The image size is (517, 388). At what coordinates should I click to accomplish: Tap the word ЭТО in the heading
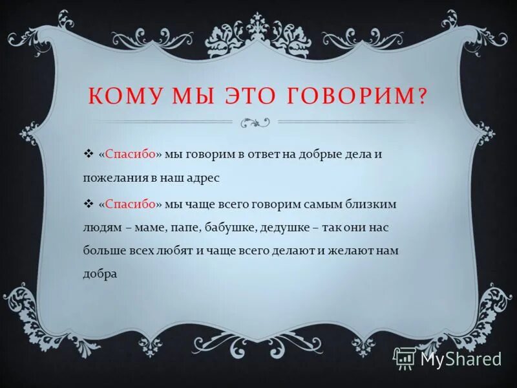pyautogui.click(x=250, y=96)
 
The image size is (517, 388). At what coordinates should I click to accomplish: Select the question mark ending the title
pyautogui.click(x=423, y=96)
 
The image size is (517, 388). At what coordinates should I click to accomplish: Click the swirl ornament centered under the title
pyautogui.click(x=255, y=121)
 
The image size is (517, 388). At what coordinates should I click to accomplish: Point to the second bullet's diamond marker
pyautogui.click(x=89, y=204)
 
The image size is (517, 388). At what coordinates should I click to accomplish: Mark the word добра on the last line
pyautogui.click(x=100, y=273)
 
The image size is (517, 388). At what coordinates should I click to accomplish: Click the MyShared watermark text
pyautogui.click(x=461, y=358)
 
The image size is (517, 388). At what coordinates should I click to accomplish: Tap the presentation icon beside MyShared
pyautogui.click(x=405, y=358)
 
